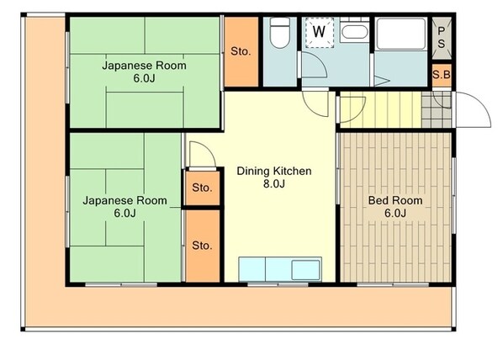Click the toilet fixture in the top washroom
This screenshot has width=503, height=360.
(x=280, y=33)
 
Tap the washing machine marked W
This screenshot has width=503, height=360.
(x=319, y=33)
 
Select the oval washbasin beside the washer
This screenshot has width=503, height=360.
(x=354, y=32)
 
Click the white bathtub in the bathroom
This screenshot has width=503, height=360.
(x=400, y=34)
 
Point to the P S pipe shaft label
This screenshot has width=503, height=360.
(x=442, y=37)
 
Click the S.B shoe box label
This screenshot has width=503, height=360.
(x=442, y=75)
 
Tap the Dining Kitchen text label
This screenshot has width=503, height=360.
(x=274, y=171)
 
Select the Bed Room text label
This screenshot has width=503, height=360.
(x=395, y=200)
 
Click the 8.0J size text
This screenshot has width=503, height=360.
(x=274, y=184)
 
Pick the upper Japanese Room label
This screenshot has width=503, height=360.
(x=144, y=66)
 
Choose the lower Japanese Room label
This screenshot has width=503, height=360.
(x=124, y=200)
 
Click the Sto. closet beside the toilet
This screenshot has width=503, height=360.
(x=241, y=51)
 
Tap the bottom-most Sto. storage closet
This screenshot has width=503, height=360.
(x=203, y=246)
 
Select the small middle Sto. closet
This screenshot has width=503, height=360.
(x=203, y=188)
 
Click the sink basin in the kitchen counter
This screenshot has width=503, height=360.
(x=305, y=269)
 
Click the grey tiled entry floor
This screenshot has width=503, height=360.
(x=437, y=109)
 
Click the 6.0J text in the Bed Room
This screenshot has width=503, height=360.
(x=395, y=213)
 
